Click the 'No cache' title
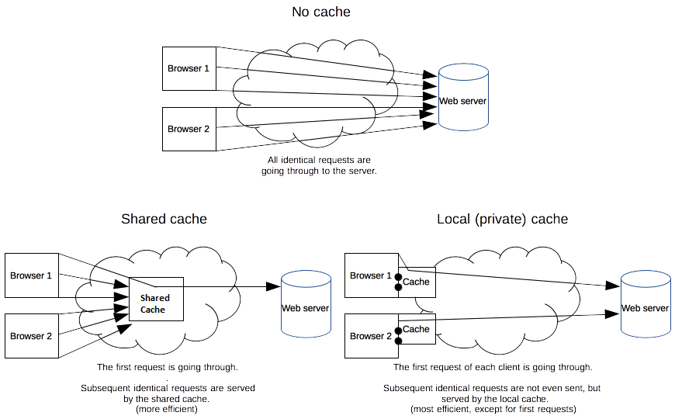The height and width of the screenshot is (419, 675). [320, 12]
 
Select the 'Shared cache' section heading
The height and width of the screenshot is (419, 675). [164, 219]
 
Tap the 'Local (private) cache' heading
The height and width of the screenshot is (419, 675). [502, 219]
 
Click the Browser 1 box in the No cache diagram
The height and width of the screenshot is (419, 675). [189, 68]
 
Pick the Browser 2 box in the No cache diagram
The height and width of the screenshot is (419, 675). [189, 129]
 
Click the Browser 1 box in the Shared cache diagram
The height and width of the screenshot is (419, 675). [31, 275]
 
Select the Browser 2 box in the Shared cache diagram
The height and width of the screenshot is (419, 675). [31, 336]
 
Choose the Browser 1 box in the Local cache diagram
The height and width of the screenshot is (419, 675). [371, 275]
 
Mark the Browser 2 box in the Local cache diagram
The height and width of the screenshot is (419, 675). [371, 336]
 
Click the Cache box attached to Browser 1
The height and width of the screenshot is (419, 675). [417, 282]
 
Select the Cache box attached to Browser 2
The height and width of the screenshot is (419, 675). [417, 329]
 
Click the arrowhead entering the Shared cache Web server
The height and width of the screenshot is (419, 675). [272, 286]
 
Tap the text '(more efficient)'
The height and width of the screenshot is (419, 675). [168, 409]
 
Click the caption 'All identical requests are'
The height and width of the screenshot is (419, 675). [319, 160]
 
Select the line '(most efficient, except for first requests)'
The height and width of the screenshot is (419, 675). [492, 409]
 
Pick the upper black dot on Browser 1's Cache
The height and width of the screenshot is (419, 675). [398, 277]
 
